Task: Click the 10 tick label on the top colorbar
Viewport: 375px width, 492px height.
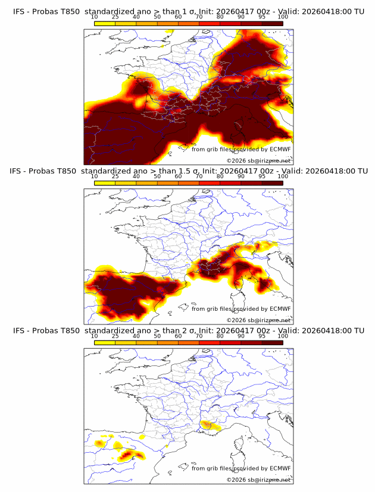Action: pos(95,17)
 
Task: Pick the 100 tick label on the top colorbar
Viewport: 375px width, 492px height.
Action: pos(283,17)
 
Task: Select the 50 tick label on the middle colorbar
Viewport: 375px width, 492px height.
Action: pos(157,176)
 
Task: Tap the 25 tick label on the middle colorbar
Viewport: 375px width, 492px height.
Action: pos(115,176)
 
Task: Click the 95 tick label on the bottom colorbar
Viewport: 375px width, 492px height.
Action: pos(262,336)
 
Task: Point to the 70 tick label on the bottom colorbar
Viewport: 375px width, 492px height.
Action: pos(199,336)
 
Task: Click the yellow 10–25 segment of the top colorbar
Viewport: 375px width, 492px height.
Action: pos(105,23)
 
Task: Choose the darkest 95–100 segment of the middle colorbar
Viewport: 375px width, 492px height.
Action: pos(272,182)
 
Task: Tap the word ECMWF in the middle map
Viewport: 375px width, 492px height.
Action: pos(280,309)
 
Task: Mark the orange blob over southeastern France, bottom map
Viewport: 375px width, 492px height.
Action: pos(208,424)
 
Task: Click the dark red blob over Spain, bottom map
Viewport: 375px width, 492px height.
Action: pos(127,456)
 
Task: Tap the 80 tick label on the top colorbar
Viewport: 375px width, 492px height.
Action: pos(220,17)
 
